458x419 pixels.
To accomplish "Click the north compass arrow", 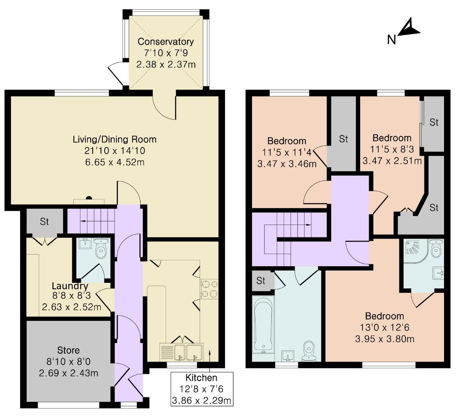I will click(x=408, y=28).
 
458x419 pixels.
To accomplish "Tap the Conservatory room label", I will click(x=166, y=42).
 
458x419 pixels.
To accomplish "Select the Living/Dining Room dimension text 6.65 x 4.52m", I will click(x=114, y=162).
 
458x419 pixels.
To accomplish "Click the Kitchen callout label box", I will click(x=201, y=389).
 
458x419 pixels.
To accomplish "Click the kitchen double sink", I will click(x=187, y=351).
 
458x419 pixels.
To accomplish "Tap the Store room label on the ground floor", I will click(x=68, y=350).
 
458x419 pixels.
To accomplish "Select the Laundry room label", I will click(x=70, y=286).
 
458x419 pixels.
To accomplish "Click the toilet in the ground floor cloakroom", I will click(x=102, y=249).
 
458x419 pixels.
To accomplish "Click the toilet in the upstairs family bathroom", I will click(x=309, y=348).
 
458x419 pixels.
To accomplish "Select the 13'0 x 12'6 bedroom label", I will click(x=384, y=316).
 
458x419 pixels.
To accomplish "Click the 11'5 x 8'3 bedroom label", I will click(x=392, y=138).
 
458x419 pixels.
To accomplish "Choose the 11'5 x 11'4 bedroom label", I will click(x=287, y=141).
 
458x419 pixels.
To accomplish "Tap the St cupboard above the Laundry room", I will click(x=44, y=222).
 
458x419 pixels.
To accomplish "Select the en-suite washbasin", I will click(x=438, y=273).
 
